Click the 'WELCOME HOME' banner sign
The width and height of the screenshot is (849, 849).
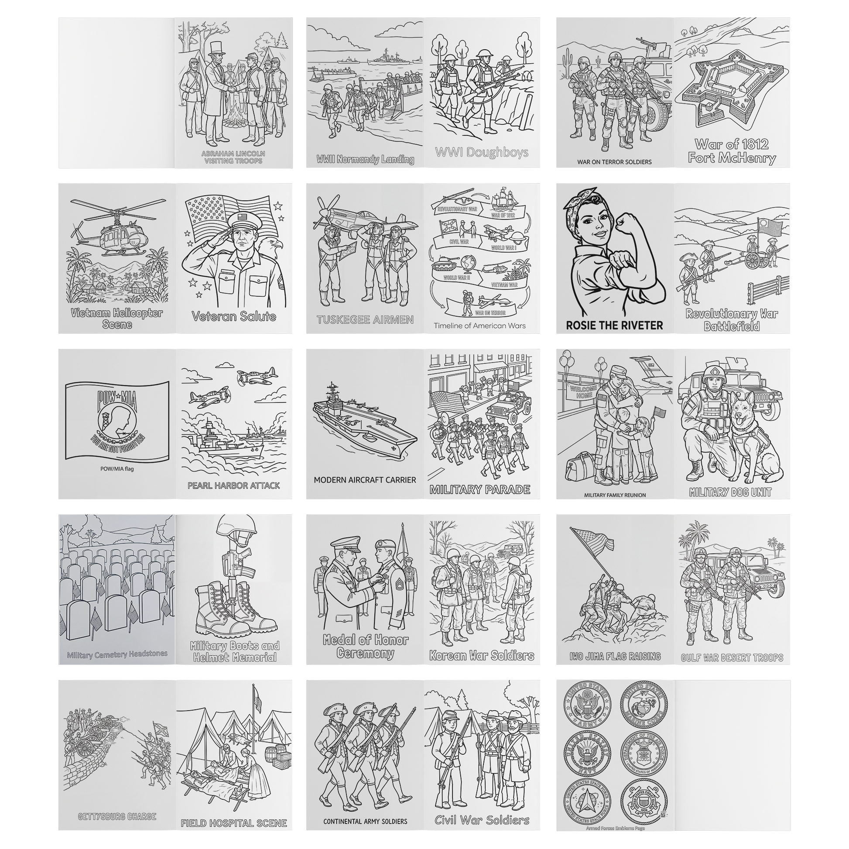pyautogui.click(x=582, y=392)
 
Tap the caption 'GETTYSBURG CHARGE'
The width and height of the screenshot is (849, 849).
pyautogui.click(x=117, y=816)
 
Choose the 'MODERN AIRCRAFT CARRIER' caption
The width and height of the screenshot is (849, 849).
pyautogui.click(x=365, y=479)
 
